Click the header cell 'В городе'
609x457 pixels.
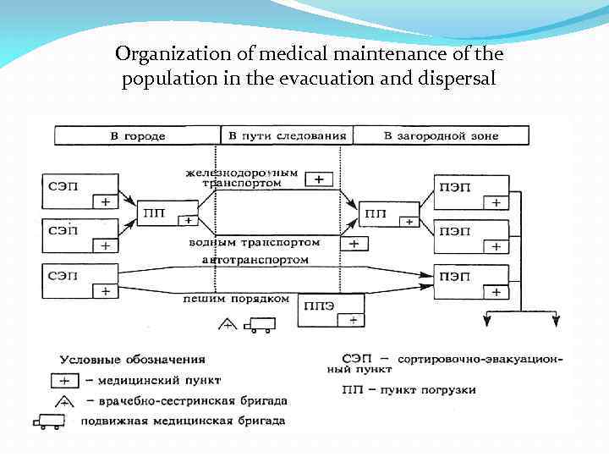tap(137, 135)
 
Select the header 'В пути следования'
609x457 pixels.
tap(287, 135)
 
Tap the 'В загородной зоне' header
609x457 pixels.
tap(441, 135)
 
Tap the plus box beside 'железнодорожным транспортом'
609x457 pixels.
tap(318, 179)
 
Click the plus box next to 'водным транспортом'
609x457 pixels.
tap(354, 244)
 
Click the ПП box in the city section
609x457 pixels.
tap(165, 214)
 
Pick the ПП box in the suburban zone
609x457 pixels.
tap(388, 214)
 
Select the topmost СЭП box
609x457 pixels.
tap(79, 192)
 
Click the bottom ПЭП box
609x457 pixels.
tap(471, 281)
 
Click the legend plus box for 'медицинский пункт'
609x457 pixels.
tap(64, 380)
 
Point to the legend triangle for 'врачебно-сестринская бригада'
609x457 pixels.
tap(63, 399)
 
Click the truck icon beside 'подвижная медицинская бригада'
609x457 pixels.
tap(50, 421)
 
